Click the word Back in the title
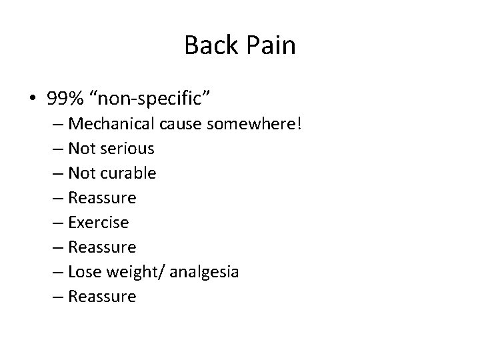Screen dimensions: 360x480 [x=207, y=46]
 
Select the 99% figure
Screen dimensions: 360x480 [x=65, y=100]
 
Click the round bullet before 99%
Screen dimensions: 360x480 [x=33, y=100]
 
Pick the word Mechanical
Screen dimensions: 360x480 [x=110, y=123]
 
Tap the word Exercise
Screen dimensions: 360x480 [x=99, y=222]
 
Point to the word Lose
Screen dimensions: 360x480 [x=83, y=271]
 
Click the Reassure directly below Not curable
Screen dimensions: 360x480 [x=102, y=197]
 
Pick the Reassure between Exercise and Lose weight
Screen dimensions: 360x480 [x=102, y=247]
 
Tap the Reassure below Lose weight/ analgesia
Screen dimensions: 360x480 [x=102, y=296]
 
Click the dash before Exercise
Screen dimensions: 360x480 [x=57, y=222]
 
